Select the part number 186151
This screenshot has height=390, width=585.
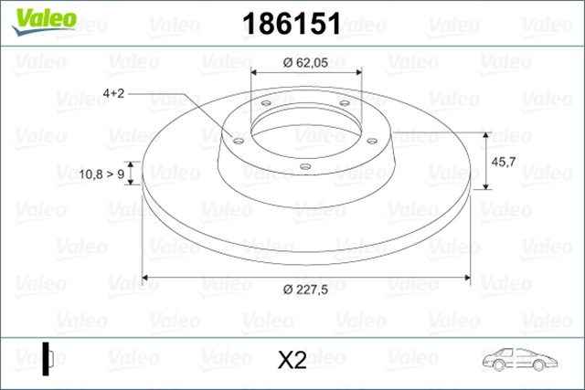(291, 24)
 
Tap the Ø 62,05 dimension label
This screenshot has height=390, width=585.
(305, 62)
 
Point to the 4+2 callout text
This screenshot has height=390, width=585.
(117, 93)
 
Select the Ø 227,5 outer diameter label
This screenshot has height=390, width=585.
(306, 290)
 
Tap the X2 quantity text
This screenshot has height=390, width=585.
(291, 361)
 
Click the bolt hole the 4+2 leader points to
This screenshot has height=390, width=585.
(238, 142)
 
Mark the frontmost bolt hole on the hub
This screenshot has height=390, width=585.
(304, 165)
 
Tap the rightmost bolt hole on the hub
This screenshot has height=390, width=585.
(373, 140)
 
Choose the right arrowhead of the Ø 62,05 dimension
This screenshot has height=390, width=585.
(357, 76)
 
